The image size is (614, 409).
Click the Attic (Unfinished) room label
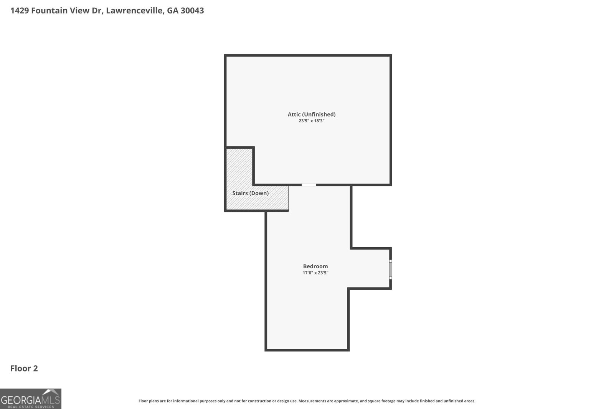(x=311, y=115)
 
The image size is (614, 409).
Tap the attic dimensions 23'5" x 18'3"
(x=311, y=121)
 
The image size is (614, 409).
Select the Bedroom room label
(x=315, y=266)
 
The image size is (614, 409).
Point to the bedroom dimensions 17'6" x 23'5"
(x=315, y=273)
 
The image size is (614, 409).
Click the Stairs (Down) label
(x=250, y=193)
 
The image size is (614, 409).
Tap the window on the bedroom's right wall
(x=391, y=269)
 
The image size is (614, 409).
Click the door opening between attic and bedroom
(x=309, y=185)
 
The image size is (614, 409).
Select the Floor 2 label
(x=24, y=368)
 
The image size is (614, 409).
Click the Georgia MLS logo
(x=30, y=399)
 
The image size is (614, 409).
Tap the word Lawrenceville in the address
(x=135, y=10)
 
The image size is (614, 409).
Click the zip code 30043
(x=192, y=10)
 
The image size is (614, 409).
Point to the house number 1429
(x=20, y=10)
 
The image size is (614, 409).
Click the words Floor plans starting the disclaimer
(x=149, y=401)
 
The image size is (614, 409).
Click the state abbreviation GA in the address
(x=172, y=10)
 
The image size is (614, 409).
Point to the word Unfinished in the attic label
(x=319, y=115)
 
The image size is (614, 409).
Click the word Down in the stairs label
(x=259, y=193)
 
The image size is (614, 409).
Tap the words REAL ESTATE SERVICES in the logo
(x=31, y=407)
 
